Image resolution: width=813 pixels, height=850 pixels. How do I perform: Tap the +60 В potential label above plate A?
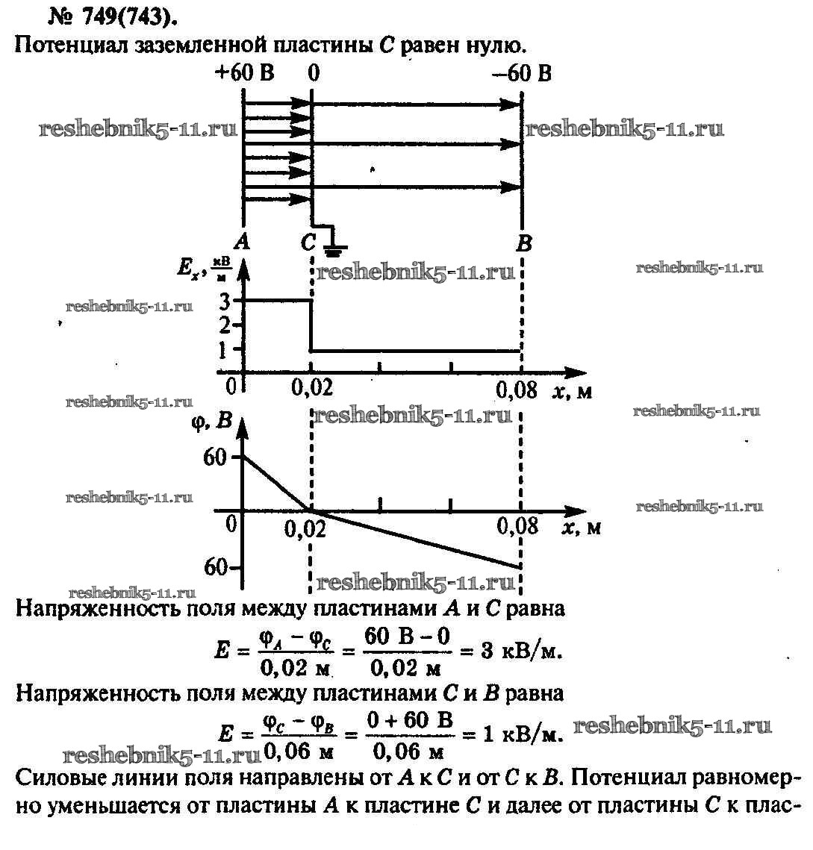point(243,73)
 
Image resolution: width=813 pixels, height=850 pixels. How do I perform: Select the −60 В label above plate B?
point(522,73)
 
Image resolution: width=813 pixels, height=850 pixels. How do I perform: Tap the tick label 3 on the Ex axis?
point(225,301)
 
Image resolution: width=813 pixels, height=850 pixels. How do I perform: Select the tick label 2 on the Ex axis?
point(225,325)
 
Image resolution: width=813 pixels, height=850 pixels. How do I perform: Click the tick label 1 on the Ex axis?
point(225,349)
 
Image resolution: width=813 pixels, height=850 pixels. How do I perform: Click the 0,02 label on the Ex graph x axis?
point(306,389)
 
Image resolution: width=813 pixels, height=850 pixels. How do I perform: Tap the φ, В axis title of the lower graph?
point(212,422)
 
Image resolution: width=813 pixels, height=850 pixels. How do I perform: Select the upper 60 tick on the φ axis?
point(214,456)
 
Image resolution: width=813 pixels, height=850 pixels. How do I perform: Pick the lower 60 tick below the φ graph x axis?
point(214,567)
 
